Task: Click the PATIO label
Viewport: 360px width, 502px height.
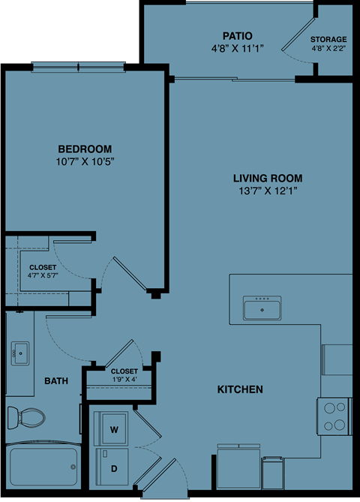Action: point(237,35)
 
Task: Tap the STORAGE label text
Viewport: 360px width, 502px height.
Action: point(329,39)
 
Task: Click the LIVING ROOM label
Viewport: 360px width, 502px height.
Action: point(267,178)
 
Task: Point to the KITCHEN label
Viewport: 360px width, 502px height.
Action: point(240,389)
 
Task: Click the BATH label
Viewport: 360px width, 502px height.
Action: point(55,381)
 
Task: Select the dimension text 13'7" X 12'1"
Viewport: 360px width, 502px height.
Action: point(267,191)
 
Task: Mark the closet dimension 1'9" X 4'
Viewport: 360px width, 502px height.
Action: point(124,380)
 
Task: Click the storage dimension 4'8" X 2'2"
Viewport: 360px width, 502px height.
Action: point(329,49)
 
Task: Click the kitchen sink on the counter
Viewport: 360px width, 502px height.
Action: point(262,308)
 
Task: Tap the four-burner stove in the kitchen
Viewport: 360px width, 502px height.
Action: point(334,416)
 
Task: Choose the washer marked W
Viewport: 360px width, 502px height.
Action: point(114,429)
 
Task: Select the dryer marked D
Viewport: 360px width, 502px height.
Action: point(114,467)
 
